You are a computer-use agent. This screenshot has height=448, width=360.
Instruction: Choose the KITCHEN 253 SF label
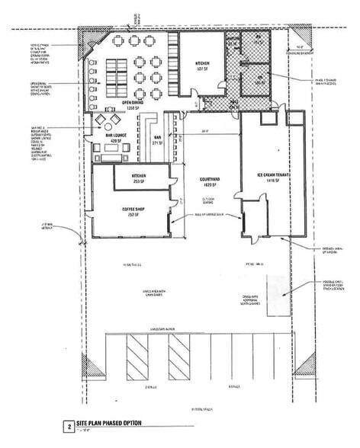coord(133,179)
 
